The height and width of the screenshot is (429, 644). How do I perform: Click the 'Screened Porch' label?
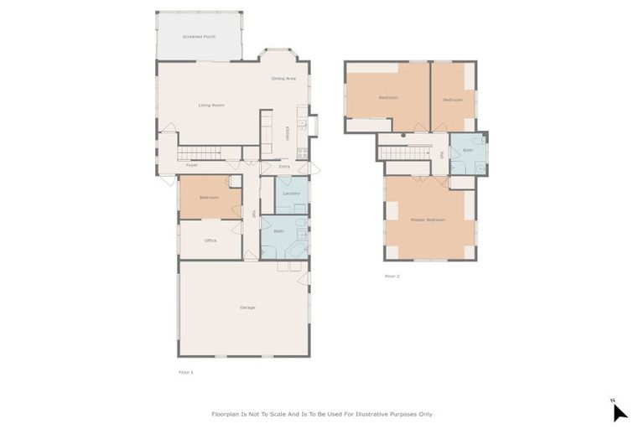click(199, 37)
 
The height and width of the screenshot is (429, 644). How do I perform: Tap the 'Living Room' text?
click(210, 105)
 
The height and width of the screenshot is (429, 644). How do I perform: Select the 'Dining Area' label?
click(283, 78)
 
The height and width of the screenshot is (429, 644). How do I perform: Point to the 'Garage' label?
click(247, 308)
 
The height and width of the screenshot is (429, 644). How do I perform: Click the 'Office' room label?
click(210, 240)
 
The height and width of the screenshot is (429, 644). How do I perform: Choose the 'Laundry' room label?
click(291, 194)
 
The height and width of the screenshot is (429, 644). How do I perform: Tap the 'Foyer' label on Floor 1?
click(191, 166)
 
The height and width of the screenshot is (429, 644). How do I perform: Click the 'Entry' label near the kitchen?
click(284, 166)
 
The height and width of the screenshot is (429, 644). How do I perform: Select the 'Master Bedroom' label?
click(428, 220)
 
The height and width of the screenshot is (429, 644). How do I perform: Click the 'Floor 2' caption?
click(392, 276)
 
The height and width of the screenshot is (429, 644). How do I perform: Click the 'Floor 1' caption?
click(186, 371)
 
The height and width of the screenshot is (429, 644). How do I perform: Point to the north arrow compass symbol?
click(619, 411)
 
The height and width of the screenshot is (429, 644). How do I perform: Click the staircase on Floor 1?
click(200, 152)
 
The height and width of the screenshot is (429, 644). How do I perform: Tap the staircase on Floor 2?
click(404, 152)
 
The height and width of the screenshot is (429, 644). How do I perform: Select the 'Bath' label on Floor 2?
click(468, 150)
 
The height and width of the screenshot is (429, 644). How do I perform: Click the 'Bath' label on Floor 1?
click(278, 230)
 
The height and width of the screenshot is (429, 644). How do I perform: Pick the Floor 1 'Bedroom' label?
click(209, 198)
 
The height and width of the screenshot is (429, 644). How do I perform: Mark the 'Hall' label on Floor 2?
click(441, 154)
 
